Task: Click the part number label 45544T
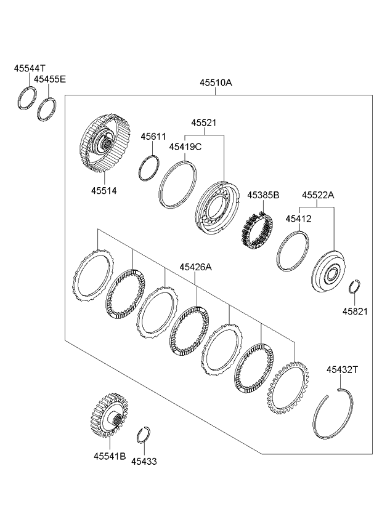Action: [29, 70]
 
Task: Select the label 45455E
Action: [50, 79]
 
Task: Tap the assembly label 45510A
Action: [215, 82]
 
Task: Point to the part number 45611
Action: [153, 136]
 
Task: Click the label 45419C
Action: [186, 147]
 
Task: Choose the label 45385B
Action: [263, 195]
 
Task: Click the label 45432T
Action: [342, 369]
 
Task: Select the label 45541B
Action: [110, 457]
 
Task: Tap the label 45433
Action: [144, 460]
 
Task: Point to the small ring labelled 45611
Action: [148, 168]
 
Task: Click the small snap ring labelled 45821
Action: [354, 287]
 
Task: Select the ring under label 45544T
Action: [26, 98]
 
